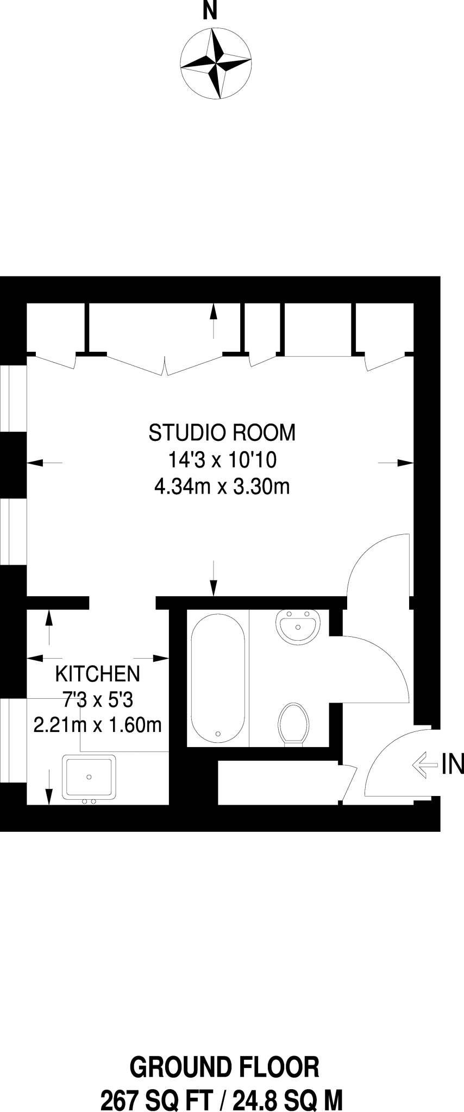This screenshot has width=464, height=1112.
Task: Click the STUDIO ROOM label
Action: [222, 433]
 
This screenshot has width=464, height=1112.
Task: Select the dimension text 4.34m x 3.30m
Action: [222, 486]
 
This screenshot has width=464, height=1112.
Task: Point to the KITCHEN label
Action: [98, 674]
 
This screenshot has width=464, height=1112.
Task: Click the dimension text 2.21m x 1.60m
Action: [98, 725]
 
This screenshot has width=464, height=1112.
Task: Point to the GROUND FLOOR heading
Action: [224, 1067]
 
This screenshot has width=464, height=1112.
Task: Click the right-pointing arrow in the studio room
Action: [397, 463]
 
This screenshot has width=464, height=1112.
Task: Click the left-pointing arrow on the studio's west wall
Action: [43, 463]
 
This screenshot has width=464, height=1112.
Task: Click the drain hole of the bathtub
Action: [218, 734]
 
